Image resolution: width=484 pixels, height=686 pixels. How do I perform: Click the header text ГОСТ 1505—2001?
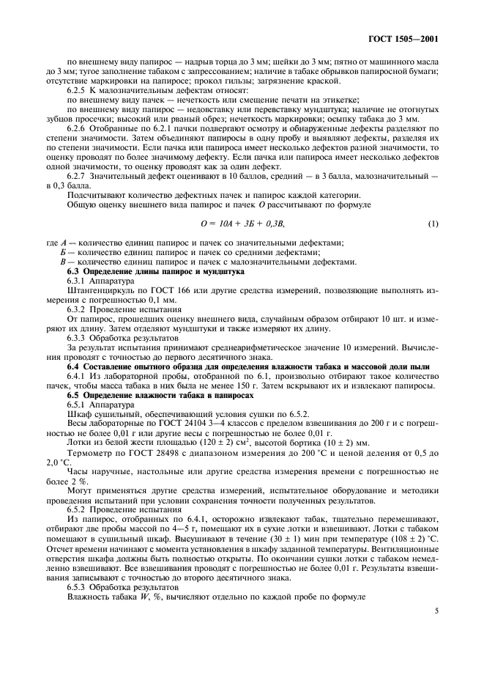[x=408, y=40]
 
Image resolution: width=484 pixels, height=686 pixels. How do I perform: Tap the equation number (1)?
[x=433, y=223]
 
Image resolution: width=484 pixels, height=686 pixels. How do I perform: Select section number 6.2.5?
[x=78, y=89]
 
